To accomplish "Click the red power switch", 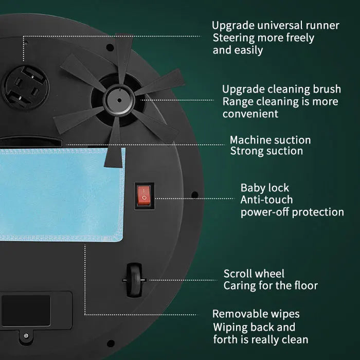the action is [x=144, y=195].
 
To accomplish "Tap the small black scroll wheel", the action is [x=134, y=280].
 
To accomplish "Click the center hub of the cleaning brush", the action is [x=119, y=100].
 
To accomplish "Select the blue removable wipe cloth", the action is [x=62, y=194].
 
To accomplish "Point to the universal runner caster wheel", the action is [x=25, y=87].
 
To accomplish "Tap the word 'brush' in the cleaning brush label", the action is [x=327, y=89].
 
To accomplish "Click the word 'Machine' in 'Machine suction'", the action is [x=249, y=140].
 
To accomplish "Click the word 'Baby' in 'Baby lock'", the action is [x=253, y=188].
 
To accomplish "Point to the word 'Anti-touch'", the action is [x=266, y=200].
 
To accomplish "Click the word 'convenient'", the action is [x=250, y=114].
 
